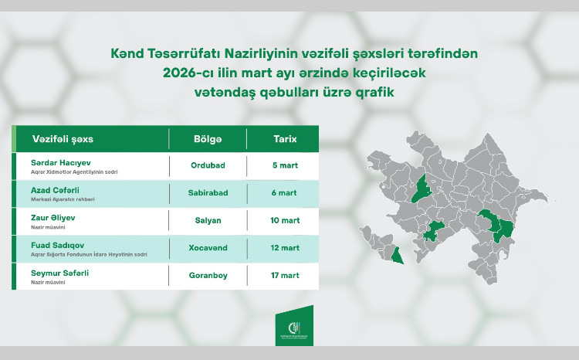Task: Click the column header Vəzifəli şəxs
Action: click(x=59, y=138)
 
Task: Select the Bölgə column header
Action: click(x=207, y=138)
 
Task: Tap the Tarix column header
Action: click(x=285, y=138)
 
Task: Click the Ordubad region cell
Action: click(x=207, y=165)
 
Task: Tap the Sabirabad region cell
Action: click(x=207, y=193)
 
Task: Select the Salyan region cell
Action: click(x=207, y=220)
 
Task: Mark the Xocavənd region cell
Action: click(x=207, y=248)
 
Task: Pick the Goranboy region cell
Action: click(x=207, y=275)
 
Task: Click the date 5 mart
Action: click(x=285, y=165)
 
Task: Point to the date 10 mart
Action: click(x=285, y=220)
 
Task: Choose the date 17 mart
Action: click(x=285, y=275)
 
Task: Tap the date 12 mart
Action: click(x=285, y=248)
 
